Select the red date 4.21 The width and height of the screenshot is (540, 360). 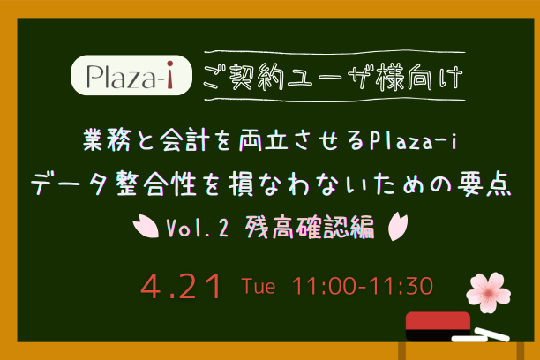(184, 287)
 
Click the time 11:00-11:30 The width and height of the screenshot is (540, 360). (356, 287)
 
